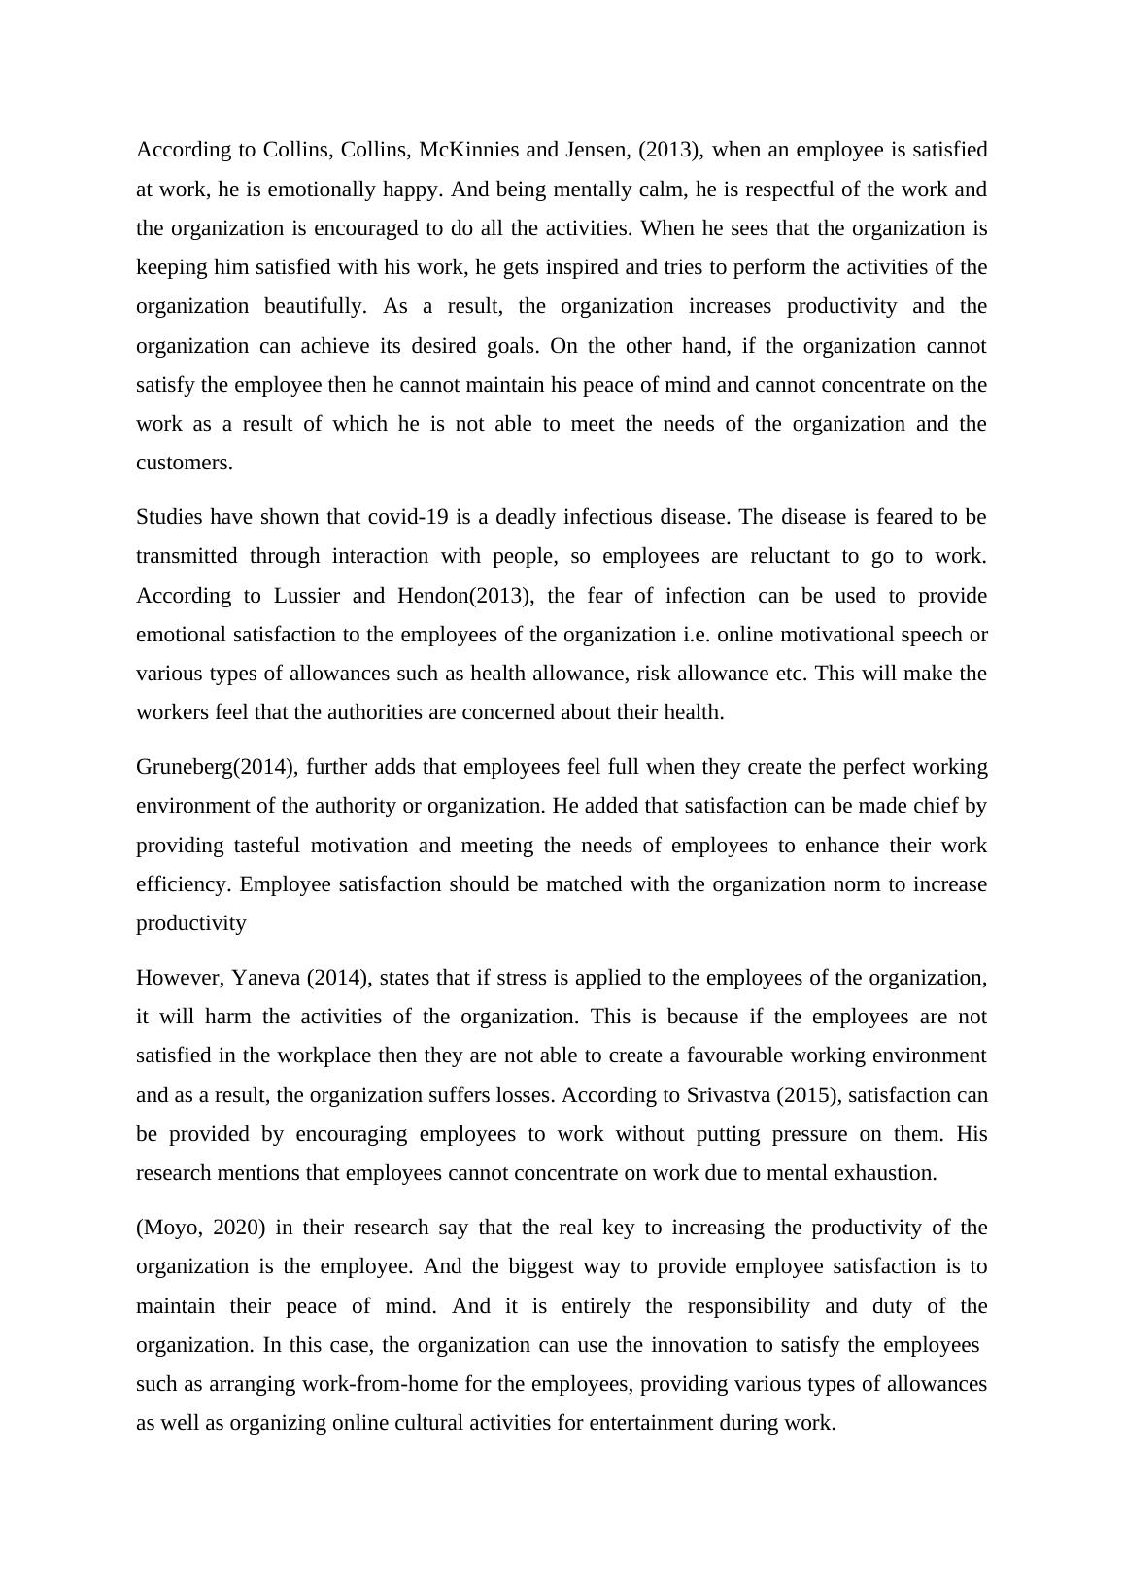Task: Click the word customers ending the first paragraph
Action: coord(183,463)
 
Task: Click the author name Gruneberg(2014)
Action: coord(216,767)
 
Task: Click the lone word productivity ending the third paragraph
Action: coord(190,923)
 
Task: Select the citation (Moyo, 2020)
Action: coord(200,1228)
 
